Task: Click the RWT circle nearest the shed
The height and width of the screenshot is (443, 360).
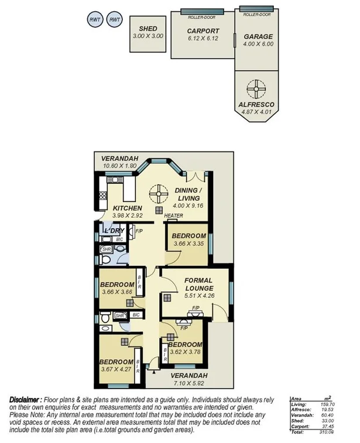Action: pyautogui.click(x=115, y=20)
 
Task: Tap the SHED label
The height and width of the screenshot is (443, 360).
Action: pyautogui.click(x=148, y=29)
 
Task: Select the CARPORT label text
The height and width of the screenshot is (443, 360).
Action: pyautogui.click(x=203, y=31)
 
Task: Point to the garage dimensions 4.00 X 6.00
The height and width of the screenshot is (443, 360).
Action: pyautogui.click(x=258, y=43)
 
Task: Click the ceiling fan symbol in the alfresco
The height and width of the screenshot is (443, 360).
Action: pyautogui.click(x=255, y=90)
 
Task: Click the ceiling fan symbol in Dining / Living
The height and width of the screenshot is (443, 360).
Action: pyautogui.click(x=157, y=193)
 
